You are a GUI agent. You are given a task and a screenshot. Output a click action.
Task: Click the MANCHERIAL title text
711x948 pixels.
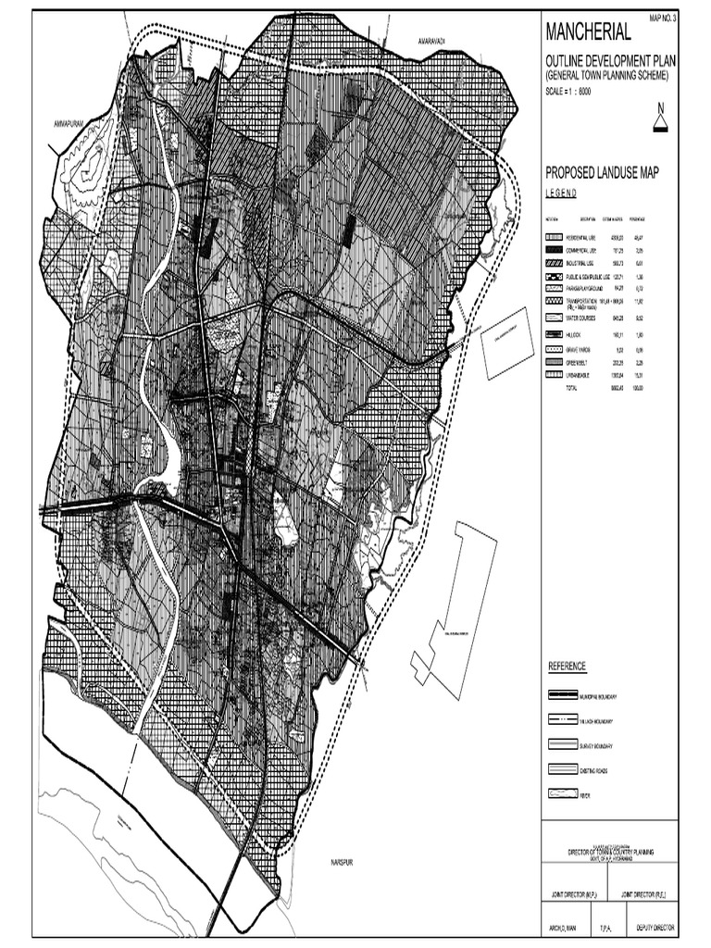coord(590,32)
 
